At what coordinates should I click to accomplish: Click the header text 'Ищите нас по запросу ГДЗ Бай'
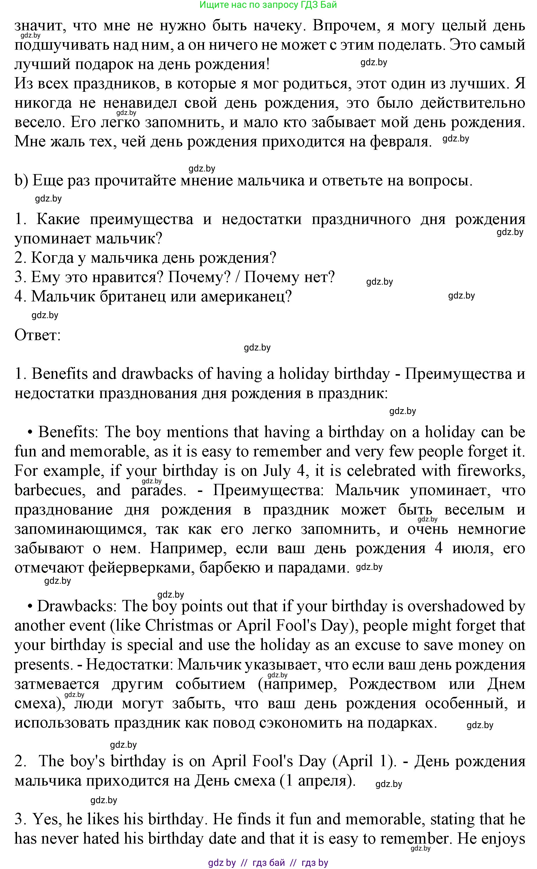pyautogui.click(x=268, y=5)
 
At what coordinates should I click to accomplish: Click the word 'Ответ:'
pyautogui.click(x=38, y=335)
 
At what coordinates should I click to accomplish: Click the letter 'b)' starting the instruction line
pyautogui.click(x=21, y=180)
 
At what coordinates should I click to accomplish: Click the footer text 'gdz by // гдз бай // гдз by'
pyautogui.click(x=268, y=863)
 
